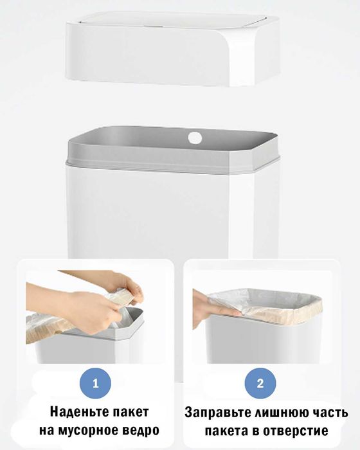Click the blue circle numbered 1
(x=95, y=383)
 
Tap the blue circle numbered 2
(x=260, y=383)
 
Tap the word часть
(x=329, y=413)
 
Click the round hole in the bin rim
(x=195, y=138)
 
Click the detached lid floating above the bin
(x=172, y=49)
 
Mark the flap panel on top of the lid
(x=174, y=19)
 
